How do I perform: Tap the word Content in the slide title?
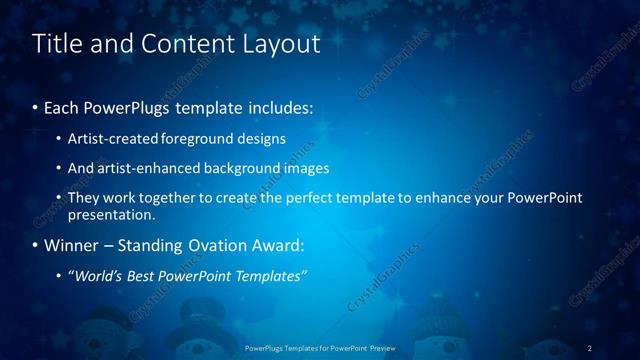click(x=192, y=44)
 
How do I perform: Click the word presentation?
click(x=111, y=214)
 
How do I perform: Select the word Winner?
click(x=71, y=245)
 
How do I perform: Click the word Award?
click(x=282, y=245)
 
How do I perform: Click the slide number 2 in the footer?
click(x=589, y=347)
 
